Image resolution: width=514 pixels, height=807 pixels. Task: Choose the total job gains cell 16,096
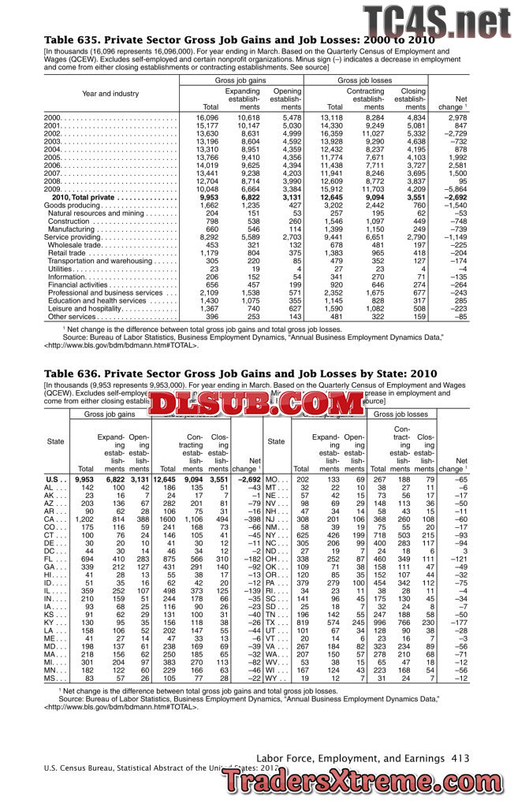pyautogui.click(x=207, y=117)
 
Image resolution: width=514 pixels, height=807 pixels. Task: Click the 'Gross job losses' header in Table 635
pyautogui.click(x=364, y=81)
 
